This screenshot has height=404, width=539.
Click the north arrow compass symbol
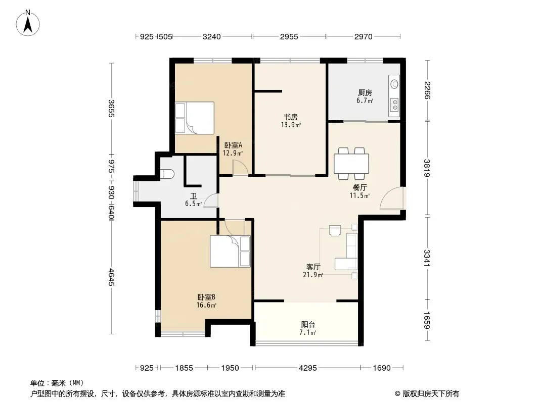(28, 23)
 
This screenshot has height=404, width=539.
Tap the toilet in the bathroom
(167, 174)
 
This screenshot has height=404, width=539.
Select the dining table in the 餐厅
(351, 164)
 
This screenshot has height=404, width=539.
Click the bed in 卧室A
(195, 118)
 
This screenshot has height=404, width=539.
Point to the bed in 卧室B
(230, 251)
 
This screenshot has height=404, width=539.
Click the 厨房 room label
(365, 93)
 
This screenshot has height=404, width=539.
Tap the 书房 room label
(290, 117)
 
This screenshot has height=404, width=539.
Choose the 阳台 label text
(308, 324)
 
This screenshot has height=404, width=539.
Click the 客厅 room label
(313, 267)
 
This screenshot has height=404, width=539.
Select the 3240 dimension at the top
(212, 36)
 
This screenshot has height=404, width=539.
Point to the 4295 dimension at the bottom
(307, 368)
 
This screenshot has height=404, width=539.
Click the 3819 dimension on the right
(427, 168)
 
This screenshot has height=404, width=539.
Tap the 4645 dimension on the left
(111, 277)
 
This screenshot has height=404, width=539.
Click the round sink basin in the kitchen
(394, 84)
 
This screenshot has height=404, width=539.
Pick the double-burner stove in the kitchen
(395, 105)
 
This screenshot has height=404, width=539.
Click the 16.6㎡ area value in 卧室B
(206, 305)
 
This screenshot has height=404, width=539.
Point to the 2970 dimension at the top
(364, 36)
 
